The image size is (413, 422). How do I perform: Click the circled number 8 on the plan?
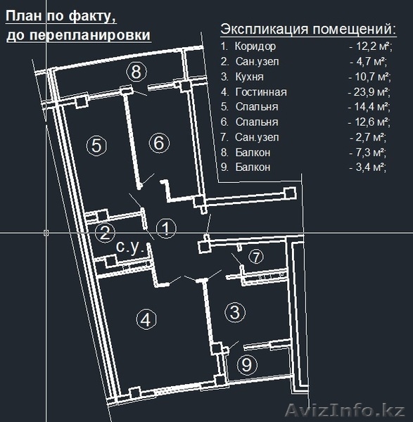pos(136,72)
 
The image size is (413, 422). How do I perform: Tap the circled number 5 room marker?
pos(96,146)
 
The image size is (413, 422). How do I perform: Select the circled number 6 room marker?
pos(159,143)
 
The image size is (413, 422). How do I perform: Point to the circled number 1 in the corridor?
pos(166,229)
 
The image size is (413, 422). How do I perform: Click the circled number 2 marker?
pos(105,233)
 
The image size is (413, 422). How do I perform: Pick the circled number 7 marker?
pos(256,257)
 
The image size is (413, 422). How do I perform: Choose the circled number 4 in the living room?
pos(146,319)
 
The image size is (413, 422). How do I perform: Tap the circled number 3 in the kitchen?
pos(235,312)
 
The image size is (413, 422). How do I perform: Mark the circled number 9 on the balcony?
pos(247,365)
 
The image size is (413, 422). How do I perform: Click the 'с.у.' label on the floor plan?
pos(129,247)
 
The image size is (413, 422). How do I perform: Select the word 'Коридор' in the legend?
pos(255,46)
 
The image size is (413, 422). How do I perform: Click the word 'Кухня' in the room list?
pos(250,77)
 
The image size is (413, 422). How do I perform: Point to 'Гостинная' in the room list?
pos(261,92)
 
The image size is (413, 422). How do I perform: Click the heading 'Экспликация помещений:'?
pos(309,29)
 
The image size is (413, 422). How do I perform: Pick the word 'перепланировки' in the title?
pos(89,35)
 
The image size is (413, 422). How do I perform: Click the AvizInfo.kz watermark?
pos(345,411)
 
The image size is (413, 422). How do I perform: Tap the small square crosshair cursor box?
pos(46,233)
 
